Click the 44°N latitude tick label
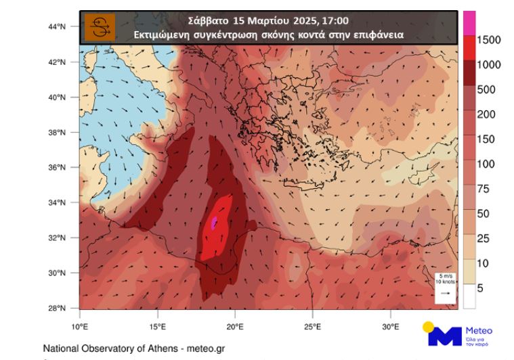56,27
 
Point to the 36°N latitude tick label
56,168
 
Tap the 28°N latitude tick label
56,309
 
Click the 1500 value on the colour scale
488,41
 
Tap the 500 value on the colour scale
486,90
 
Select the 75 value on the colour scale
483,189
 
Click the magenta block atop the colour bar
469,22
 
